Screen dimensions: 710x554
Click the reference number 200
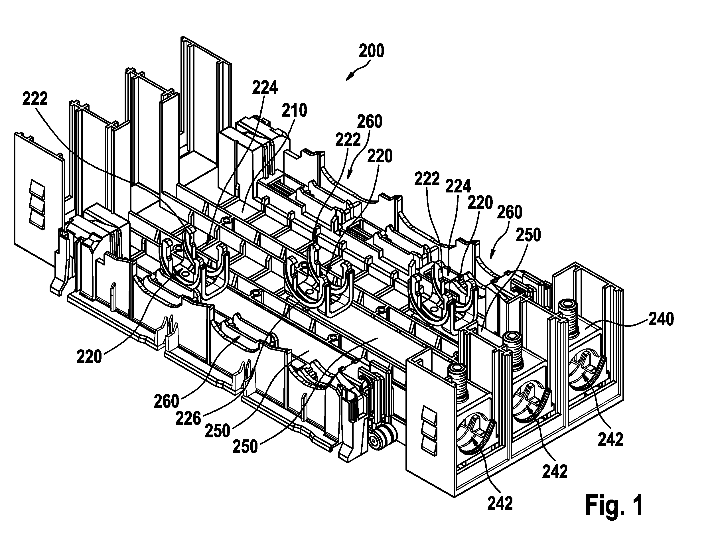coord(372,51)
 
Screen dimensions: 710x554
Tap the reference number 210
coord(294,111)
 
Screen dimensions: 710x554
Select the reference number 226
coord(188,419)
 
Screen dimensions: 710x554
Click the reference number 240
coord(661,319)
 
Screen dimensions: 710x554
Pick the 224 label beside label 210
coord(265,88)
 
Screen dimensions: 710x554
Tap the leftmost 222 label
coord(35,98)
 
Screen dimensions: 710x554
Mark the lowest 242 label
coord(500,504)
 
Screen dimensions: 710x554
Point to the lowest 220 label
coord(89,357)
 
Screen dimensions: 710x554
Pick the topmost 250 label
coord(528,235)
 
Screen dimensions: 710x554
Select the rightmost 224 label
coord(458,187)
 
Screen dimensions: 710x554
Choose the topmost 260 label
coord(370,122)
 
